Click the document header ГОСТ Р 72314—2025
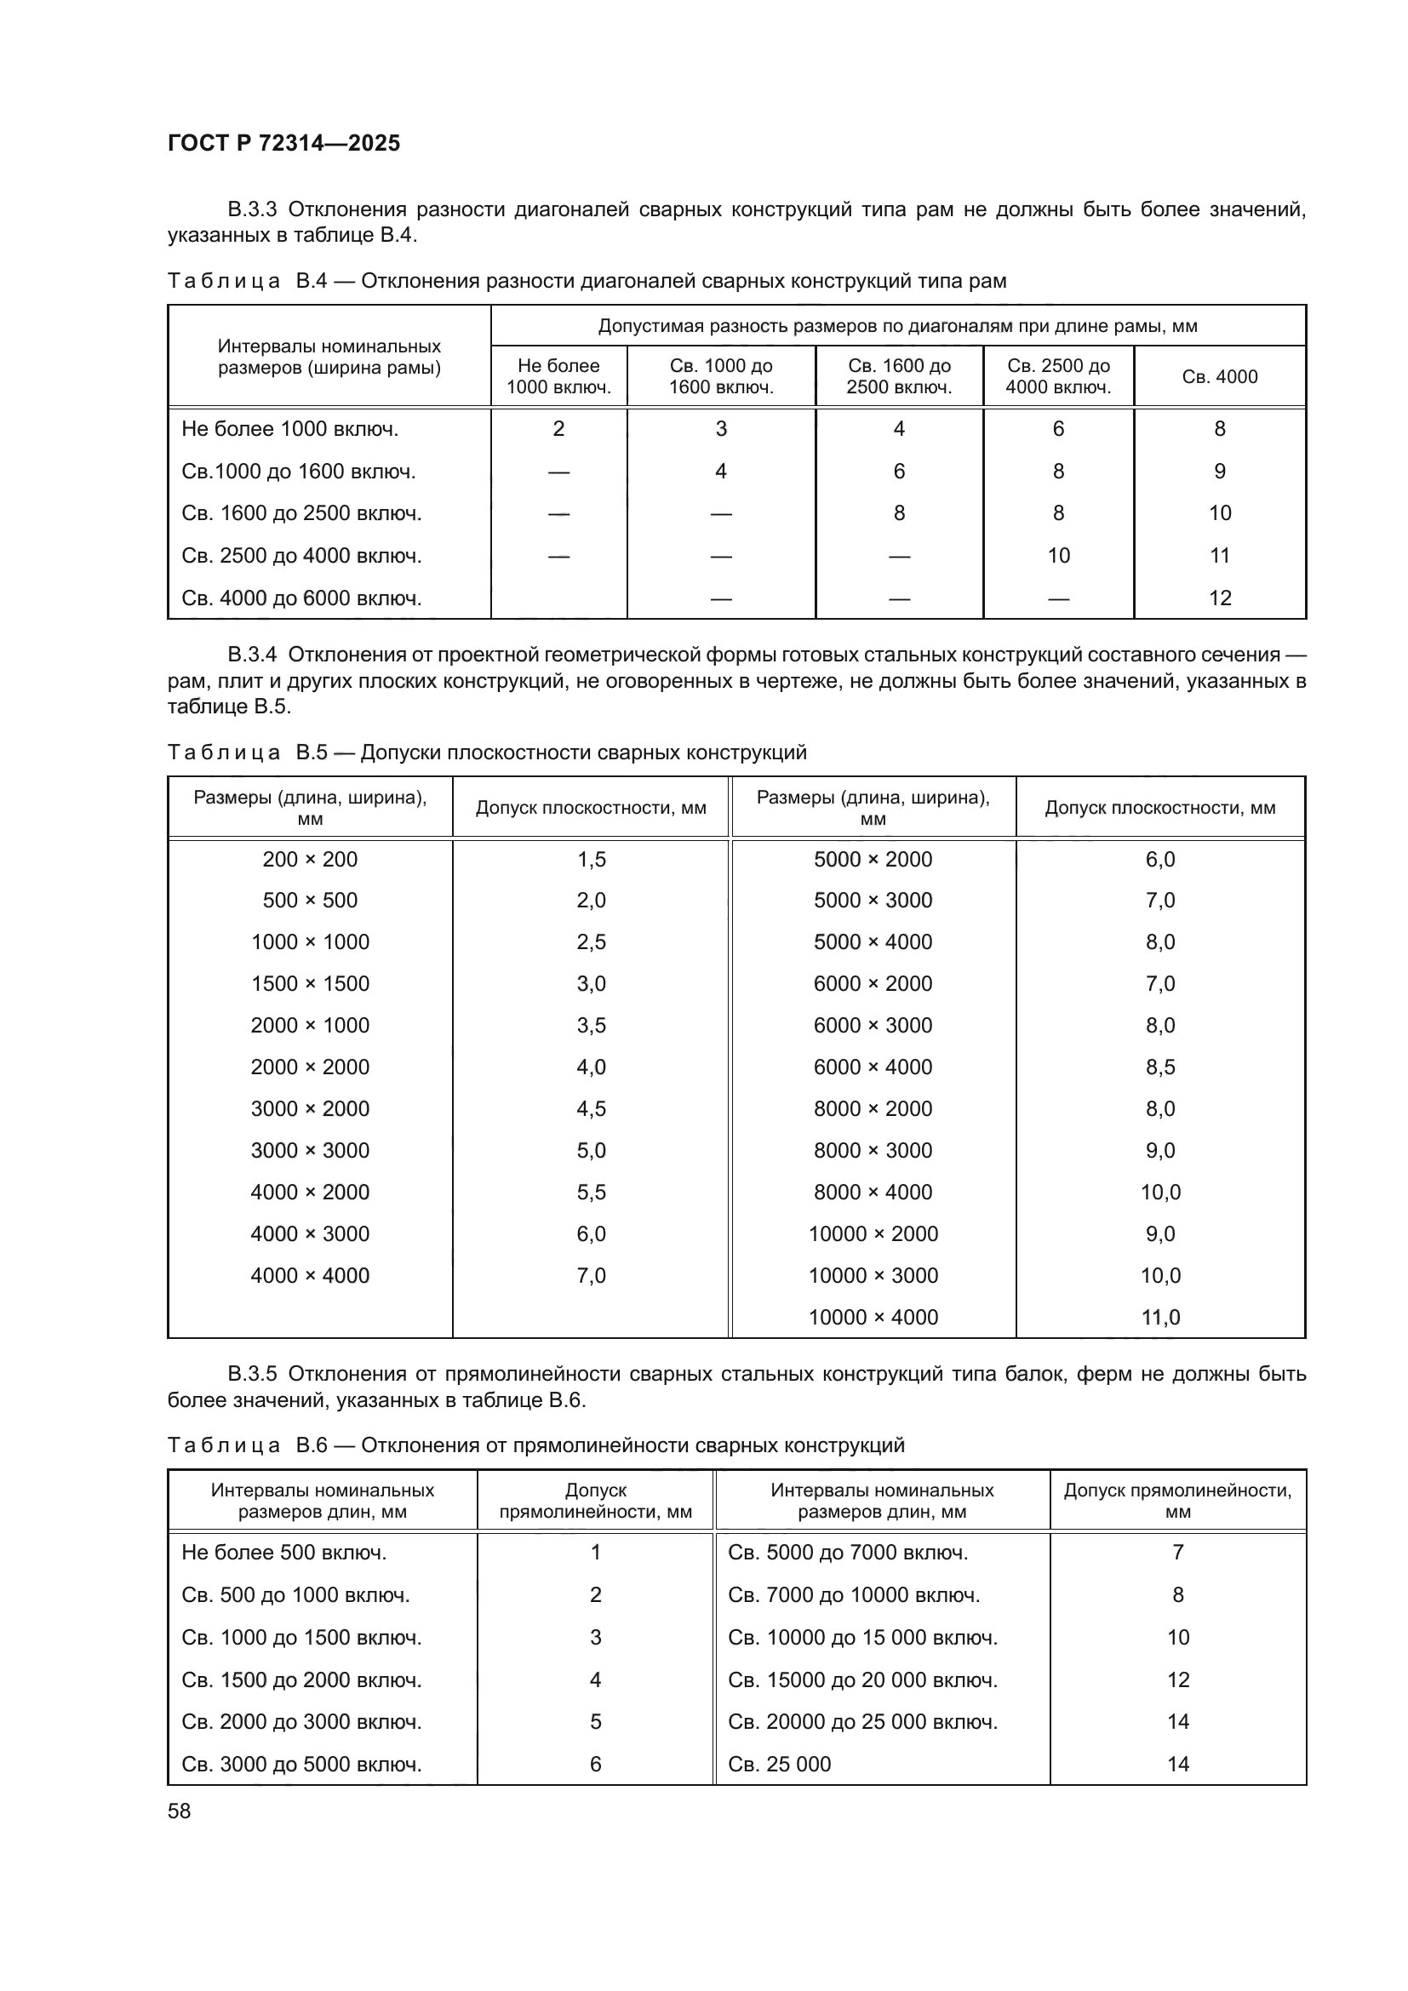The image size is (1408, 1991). coord(283,143)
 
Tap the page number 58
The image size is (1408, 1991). coord(180,1811)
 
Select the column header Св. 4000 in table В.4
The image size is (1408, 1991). coord(1219,376)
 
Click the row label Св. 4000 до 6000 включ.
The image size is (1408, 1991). coord(300,598)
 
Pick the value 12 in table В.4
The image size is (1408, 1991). coord(1219,598)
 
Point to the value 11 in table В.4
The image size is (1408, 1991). coord(1219,555)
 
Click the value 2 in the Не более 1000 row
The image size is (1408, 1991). coord(558,428)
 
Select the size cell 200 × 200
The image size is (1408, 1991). coord(310,859)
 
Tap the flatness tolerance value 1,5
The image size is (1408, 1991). coord(591,859)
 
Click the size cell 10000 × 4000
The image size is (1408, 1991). coord(873,1316)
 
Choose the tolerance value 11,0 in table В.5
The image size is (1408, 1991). coord(1160,1316)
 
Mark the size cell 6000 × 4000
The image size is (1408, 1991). coord(873,1067)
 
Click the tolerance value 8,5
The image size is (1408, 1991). coord(1160,1067)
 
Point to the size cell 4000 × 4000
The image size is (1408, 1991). coord(310,1275)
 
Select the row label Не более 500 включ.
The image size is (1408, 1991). coord(283,1552)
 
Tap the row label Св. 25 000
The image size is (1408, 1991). coord(779,1763)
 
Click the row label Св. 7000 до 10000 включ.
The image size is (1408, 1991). coord(853,1593)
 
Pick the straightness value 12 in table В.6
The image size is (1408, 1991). coord(1177,1679)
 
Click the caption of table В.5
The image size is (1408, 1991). coord(486,752)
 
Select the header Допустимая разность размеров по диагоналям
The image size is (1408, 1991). coord(897,326)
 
